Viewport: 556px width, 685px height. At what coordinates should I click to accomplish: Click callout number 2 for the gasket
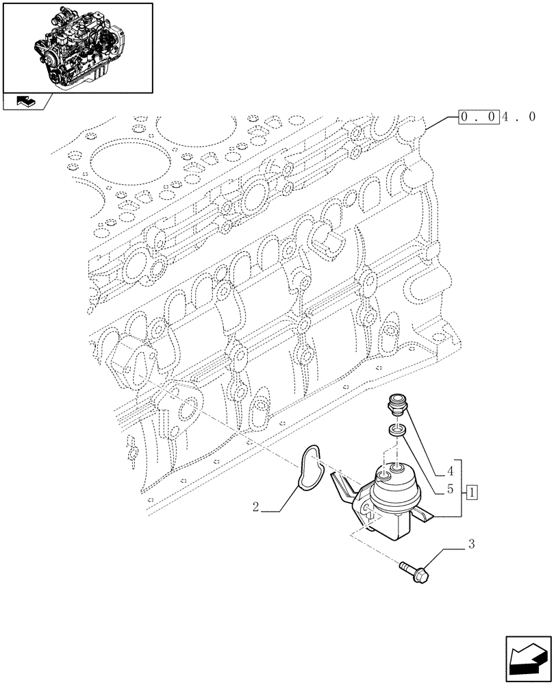click(255, 508)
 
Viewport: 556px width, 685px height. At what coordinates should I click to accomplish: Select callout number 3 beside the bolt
click(470, 545)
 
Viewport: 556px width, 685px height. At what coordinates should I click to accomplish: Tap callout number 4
click(449, 471)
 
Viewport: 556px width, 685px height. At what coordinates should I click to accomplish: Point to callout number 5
click(449, 490)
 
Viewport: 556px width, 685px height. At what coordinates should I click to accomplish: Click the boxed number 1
click(472, 491)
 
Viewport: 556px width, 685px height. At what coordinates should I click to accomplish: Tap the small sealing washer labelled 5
click(396, 431)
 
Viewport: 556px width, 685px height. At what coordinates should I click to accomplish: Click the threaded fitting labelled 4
click(396, 403)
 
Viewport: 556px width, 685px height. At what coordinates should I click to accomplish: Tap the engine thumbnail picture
click(77, 47)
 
